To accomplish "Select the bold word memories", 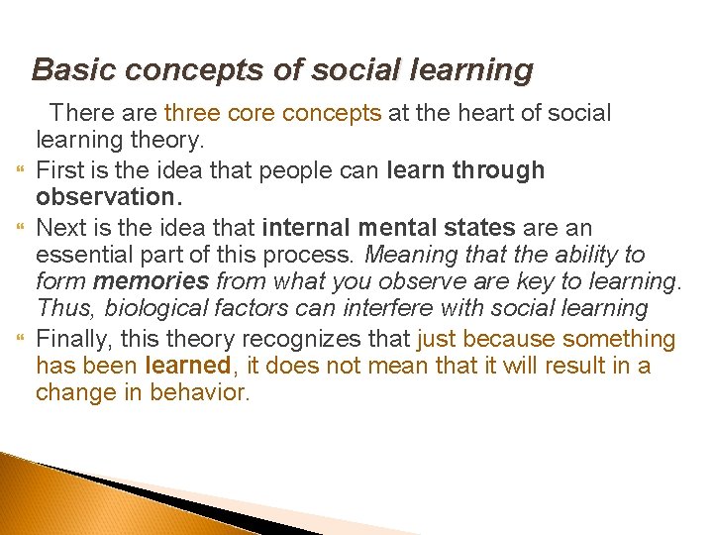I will [x=151, y=282].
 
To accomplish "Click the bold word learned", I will [x=187, y=366].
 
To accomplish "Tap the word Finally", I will [x=72, y=339].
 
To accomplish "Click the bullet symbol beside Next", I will [x=17, y=228].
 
